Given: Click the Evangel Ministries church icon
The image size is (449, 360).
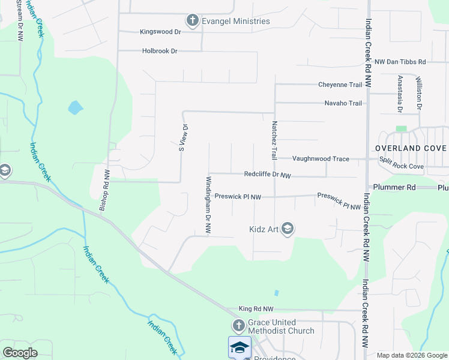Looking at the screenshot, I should (x=193, y=21).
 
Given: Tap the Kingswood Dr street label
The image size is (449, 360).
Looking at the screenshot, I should (x=160, y=32).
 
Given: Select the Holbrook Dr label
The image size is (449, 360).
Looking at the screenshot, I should (x=160, y=51).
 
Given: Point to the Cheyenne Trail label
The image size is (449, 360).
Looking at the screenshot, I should (x=340, y=85).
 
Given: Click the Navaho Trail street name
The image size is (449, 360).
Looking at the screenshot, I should (x=343, y=103).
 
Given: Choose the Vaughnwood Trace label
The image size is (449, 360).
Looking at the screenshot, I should (x=321, y=159).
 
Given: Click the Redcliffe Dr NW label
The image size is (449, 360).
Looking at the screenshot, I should (x=268, y=175).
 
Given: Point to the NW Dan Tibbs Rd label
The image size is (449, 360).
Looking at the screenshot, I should (x=400, y=62).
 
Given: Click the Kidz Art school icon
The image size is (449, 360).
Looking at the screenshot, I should (x=288, y=228).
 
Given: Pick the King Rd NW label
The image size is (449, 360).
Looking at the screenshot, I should (x=256, y=308).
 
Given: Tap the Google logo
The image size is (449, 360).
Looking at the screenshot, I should (x=20, y=353).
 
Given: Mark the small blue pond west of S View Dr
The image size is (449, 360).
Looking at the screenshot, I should (x=75, y=108).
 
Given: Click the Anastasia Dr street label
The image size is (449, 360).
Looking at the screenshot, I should (x=400, y=94).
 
